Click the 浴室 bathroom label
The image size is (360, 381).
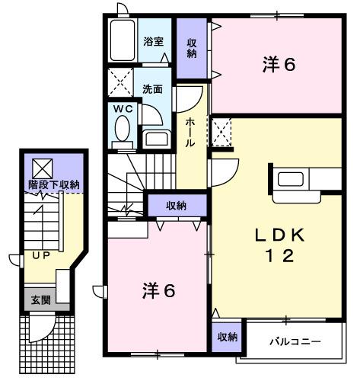tap(154, 41)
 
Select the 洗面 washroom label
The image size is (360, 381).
tap(152, 88)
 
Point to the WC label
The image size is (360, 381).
tap(123, 109)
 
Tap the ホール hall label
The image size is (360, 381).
tap(190, 133)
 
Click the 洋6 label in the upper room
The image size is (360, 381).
tap(279, 66)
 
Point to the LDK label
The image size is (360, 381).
tap(279, 235)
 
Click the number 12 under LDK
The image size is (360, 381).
tap(279, 257)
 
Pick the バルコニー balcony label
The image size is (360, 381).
tap(294, 340)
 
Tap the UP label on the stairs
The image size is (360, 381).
tap(40, 255)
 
